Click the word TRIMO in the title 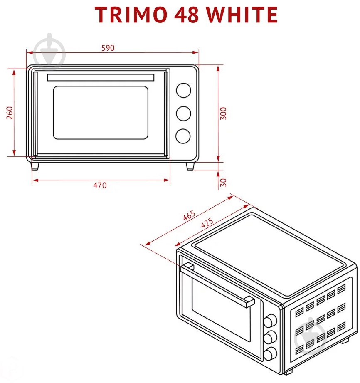tap(131, 15)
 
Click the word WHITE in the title tap(242, 15)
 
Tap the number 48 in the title tap(186, 15)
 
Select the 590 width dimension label tap(108, 48)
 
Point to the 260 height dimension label tap(10, 113)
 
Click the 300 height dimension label tap(223, 114)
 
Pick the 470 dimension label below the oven tap(100, 185)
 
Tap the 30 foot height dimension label tap(223, 183)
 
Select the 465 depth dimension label tap(189, 215)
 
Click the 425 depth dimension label tap(207, 222)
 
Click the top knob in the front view tap(183, 90)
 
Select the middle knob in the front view tap(183, 114)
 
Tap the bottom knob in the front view tap(183, 136)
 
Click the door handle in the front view tap(101, 77)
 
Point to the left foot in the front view tap(35, 166)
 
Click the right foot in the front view tap(190, 166)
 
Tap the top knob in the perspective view tap(270, 321)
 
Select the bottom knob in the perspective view tap(270, 353)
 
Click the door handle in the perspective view tap(217, 284)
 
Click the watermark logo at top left tap(49, 52)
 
